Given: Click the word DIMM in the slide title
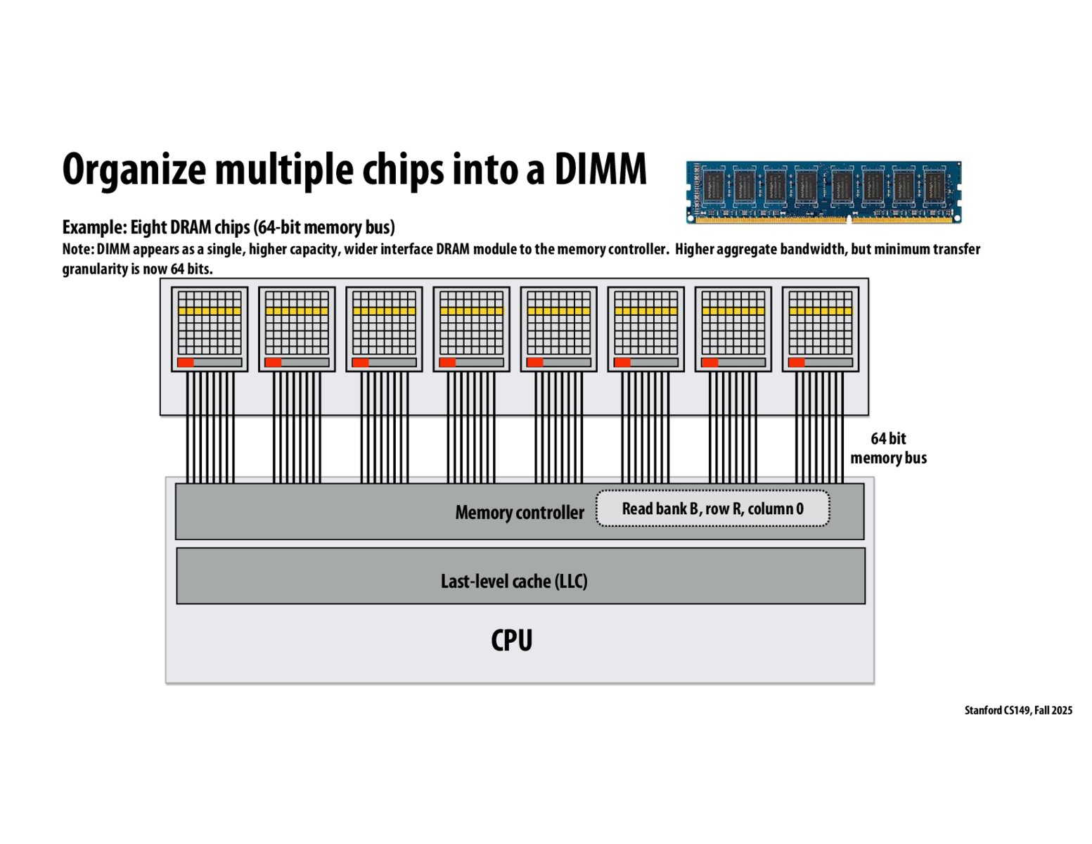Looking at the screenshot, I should pyautogui.click(x=600, y=170).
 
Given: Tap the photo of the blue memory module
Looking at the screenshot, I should pyautogui.click(x=823, y=192).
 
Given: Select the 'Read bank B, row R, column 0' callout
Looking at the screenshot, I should pyautogui.click(x=712, y=509).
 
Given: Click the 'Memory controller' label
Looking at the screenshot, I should pyautogui.click(x=519, y=513).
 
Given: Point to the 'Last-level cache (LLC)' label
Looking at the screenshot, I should pyautogui.click(x=513, y=581).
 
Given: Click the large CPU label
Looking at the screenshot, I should pyautogui.click(x=511, y=640).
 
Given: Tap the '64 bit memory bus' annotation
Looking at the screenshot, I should pyautogui.click(x=888, y=448).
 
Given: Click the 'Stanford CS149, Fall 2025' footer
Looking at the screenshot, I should pyautogui.click(x=1017, y=710).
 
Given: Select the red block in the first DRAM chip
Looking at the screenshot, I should pyautogui.click(x=186, y=362).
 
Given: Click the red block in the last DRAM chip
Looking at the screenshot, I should pyautogui.click(x=797, y=362).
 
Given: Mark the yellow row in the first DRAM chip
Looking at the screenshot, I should pyautogui.click(x=210, y=311).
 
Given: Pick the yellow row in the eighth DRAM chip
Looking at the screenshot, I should pyautogui.click(x=820, y=311).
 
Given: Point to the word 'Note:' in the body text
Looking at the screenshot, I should pyautogui.click(x=77, y=249).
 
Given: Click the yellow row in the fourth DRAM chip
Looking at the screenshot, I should pyautogui.click(x=471, y=311).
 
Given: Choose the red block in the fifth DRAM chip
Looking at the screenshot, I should pyautogui.click(x=535, y=362).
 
